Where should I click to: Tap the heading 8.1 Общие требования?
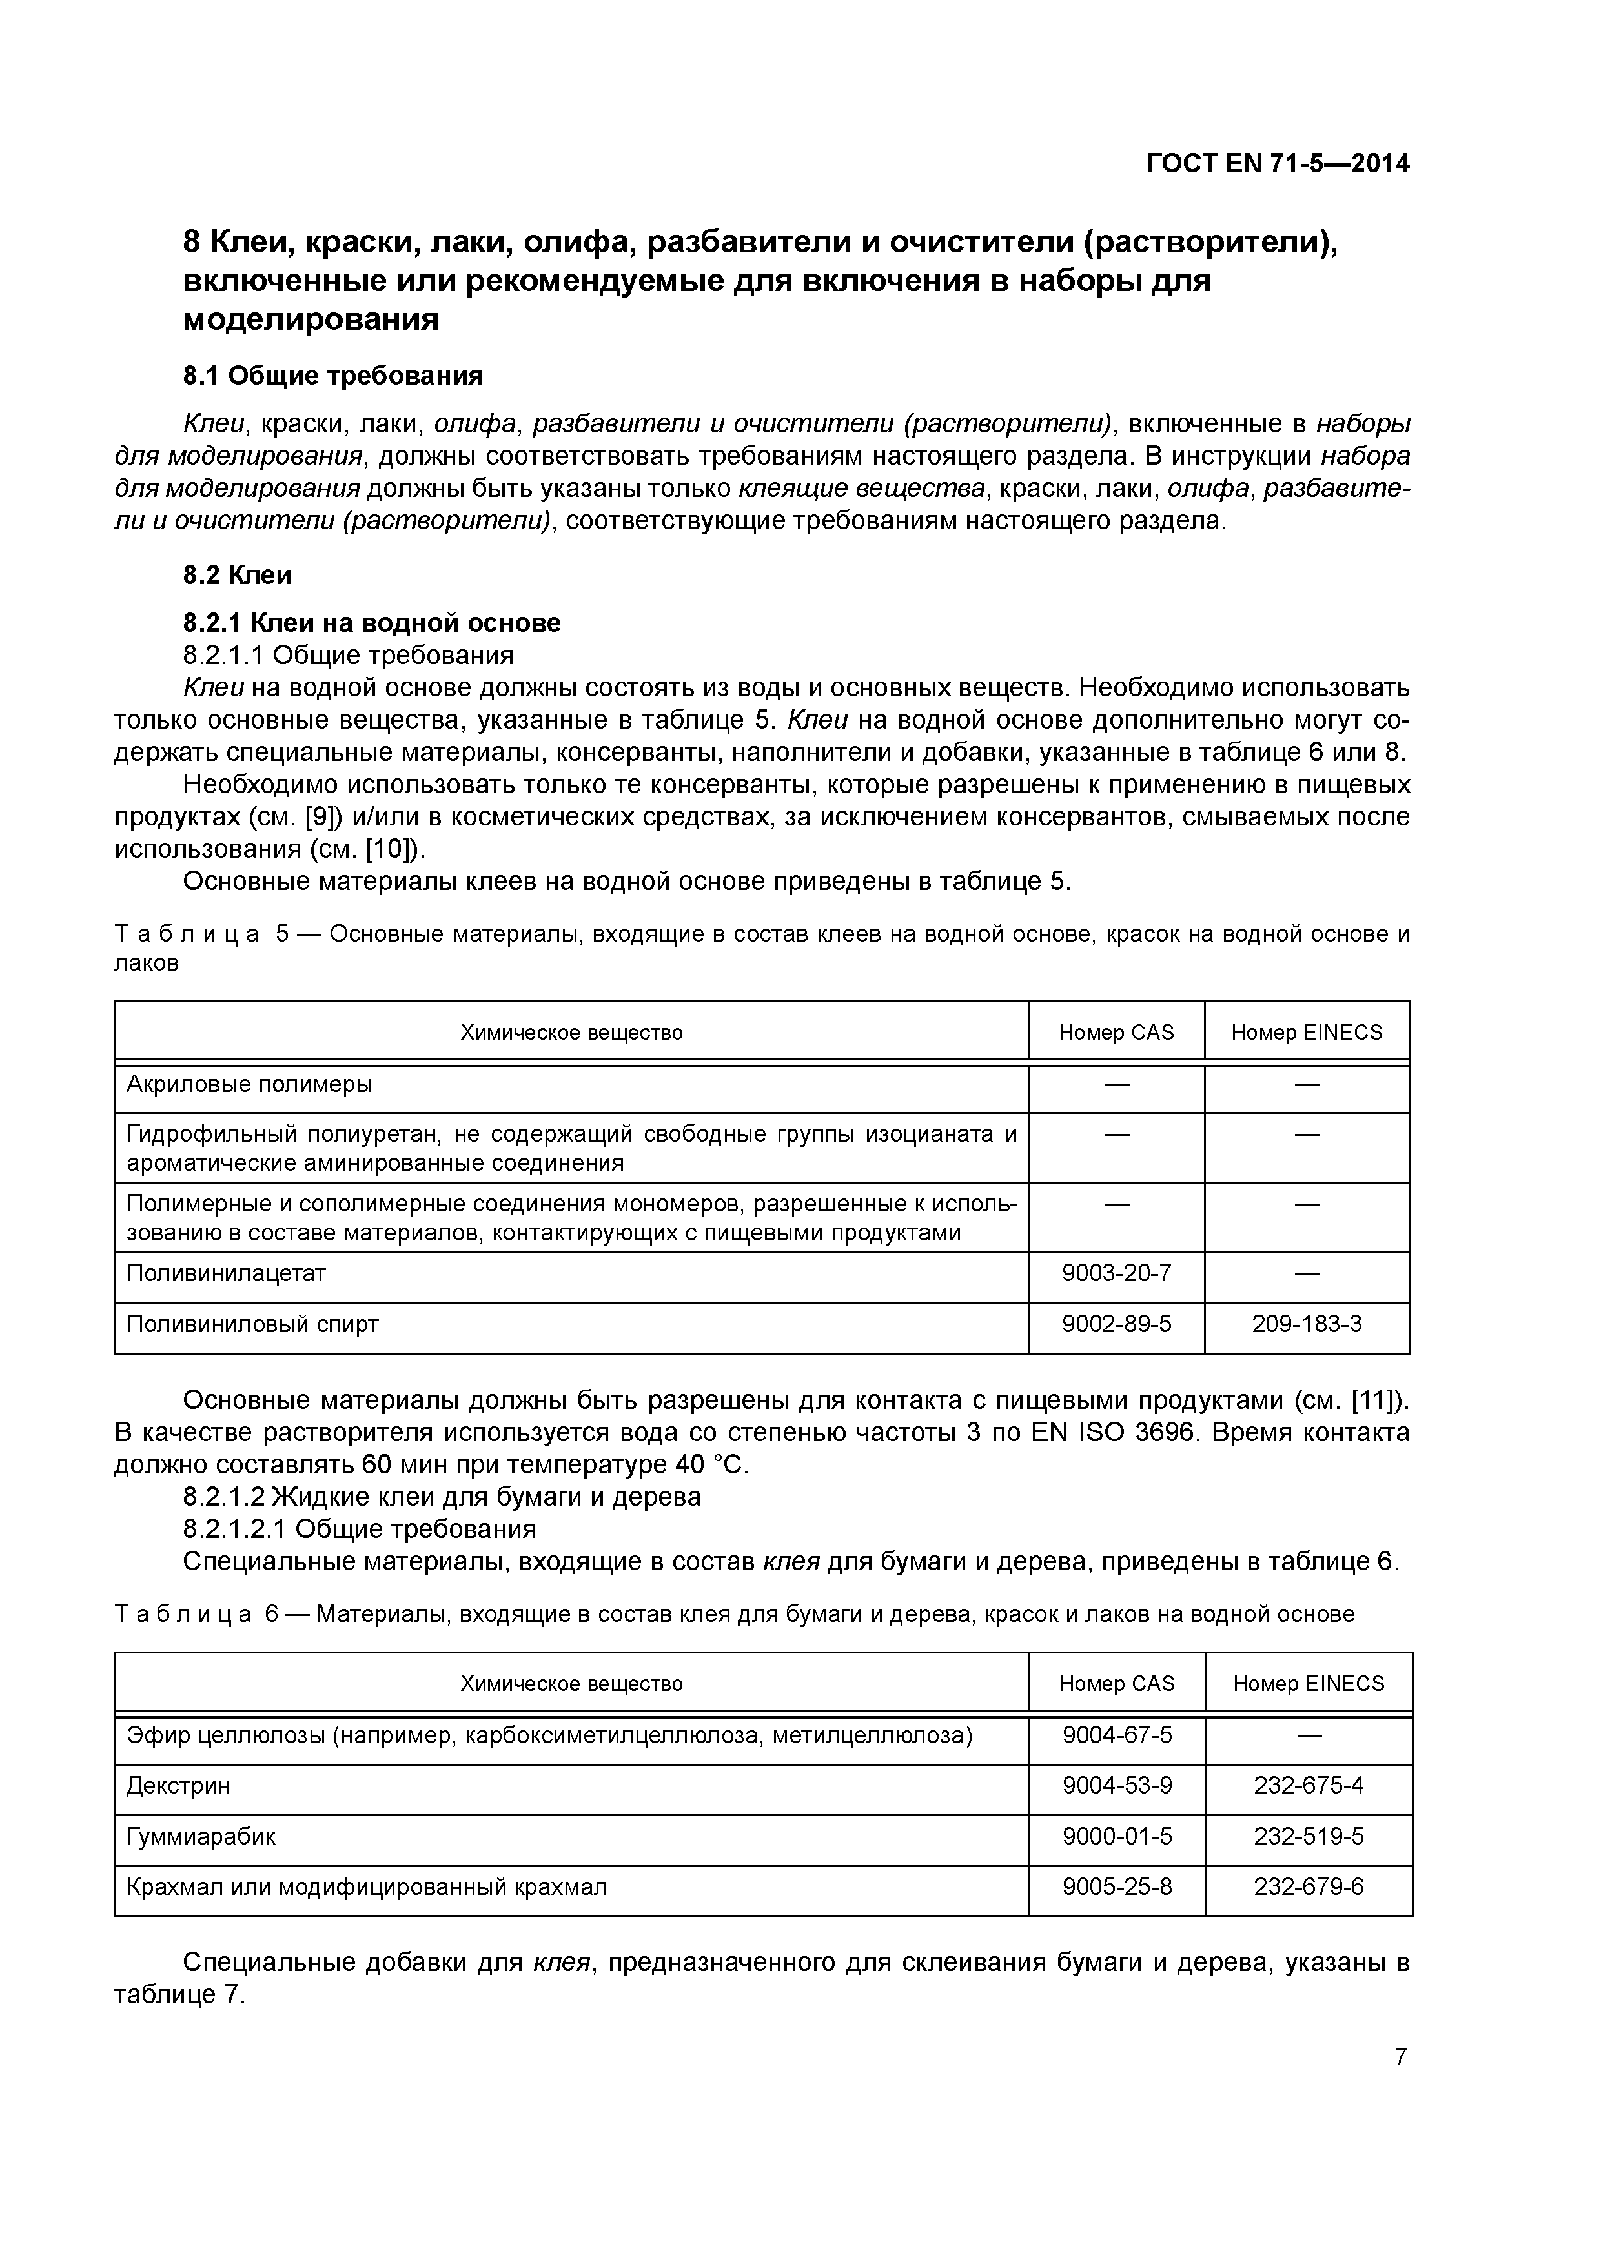coord(332,376)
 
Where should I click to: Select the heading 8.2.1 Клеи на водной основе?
coord(372,622)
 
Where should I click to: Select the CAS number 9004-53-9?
coord(1117,1784)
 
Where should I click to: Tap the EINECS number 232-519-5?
coord(1308,1836)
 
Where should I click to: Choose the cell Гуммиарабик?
coord(201,1836)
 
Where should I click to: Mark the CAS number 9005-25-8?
coord(1117,1886)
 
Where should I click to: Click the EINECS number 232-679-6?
coord(1308,1886)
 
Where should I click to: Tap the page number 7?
coord(1401,2056)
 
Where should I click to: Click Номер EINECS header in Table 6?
coord(1308,1683)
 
